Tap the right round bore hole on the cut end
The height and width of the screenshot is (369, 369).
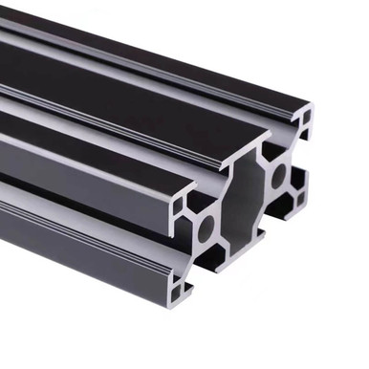pos(279,176)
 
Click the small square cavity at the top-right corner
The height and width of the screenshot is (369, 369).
pos(303,119)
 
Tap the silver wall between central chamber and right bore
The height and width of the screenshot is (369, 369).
pos(263,187)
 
